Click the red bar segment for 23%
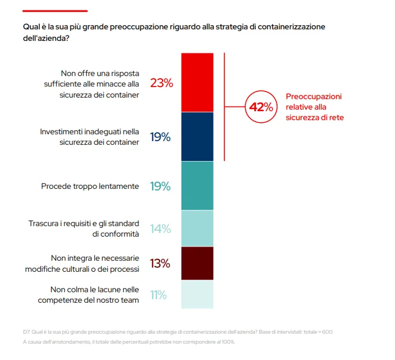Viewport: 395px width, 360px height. [x=197, y=82]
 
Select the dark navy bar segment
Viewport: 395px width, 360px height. [x=197, y=136]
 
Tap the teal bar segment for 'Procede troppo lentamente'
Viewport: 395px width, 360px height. [x=197, y=186]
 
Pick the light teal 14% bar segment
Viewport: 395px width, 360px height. [x=197, y=228]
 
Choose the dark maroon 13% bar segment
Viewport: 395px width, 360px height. [x=197, y=263]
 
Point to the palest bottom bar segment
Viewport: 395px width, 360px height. [x=197, y=294]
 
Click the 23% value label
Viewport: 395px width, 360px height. [x=161, y=83]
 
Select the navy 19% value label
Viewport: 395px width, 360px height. [x=160, y=137]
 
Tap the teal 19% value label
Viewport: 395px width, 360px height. [x=160, y=186]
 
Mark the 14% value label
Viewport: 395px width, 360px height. [x=160, y=229]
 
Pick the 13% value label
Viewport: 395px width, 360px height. [x=160, y=263]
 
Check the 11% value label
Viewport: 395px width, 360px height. [x=158, y=295]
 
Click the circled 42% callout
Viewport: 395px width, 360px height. [x=261, y=107]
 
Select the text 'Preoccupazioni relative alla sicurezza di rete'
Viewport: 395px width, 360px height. [x=314, y=107]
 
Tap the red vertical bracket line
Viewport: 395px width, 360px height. [x=225, y=107]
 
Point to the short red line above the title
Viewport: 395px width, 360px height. [x=55, y=10]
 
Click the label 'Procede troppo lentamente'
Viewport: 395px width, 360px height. [x=90, y=186]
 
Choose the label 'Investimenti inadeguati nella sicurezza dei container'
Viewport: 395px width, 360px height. [x=90, y=137]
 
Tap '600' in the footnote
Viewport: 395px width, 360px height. [x=326, y=332]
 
